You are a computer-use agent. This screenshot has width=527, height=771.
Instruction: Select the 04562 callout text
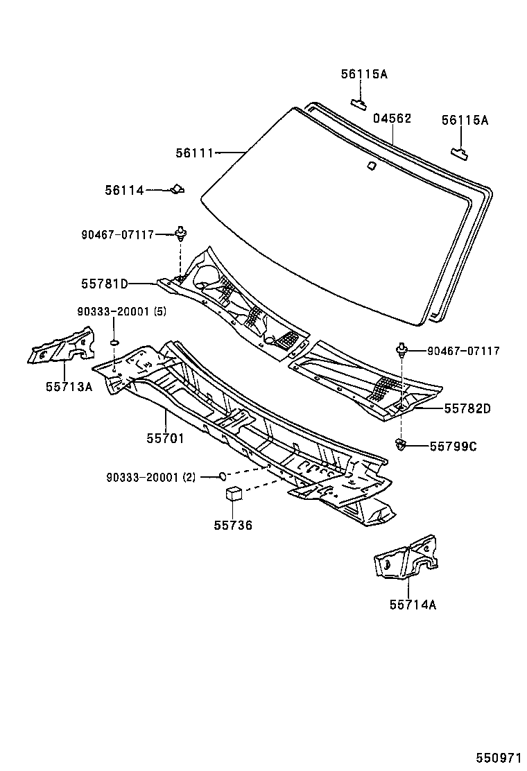[392, 119]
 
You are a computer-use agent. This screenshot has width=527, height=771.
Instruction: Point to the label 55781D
[104, 283]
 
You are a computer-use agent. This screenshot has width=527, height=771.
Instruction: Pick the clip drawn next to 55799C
[401, 444]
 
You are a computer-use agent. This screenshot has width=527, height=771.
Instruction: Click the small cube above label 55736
[234, 494]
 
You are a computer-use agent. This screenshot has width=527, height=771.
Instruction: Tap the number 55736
[232, 525]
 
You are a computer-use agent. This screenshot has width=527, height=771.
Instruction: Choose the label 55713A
[69, 386]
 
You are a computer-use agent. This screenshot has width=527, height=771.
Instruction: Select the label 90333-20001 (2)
[151, 477]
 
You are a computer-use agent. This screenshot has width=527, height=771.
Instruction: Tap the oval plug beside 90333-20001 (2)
[222, 476]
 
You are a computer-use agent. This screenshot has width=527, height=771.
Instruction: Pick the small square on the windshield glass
[371, 165]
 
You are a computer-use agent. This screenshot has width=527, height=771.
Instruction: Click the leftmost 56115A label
[363, 73]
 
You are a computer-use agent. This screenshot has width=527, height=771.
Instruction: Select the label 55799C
[452, 446]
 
